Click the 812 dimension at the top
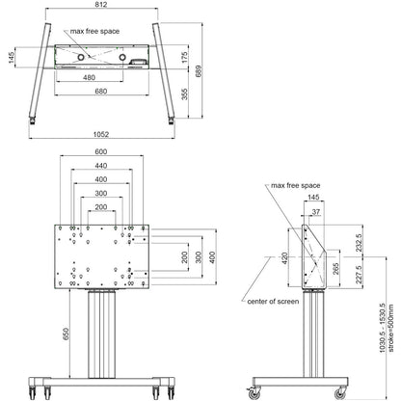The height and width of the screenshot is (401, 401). click(102, 6)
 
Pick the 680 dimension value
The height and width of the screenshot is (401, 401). click(102, 93)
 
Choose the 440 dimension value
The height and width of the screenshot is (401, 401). click(102, 166)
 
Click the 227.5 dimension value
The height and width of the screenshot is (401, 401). click(358, 276)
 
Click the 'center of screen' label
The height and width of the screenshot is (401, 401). click(271, 301)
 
